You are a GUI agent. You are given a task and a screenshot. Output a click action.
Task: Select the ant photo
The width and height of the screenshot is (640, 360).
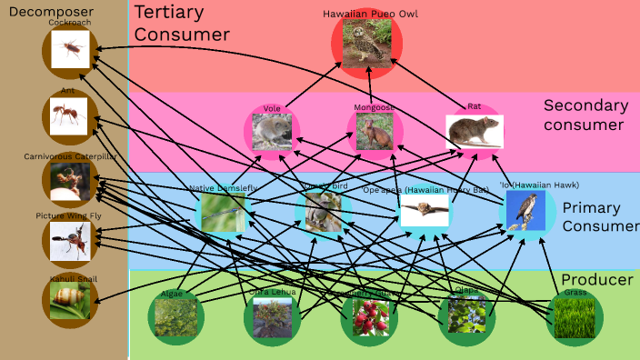point(69,116)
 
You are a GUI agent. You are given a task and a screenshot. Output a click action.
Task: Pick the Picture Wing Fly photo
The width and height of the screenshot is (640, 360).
point(70,241)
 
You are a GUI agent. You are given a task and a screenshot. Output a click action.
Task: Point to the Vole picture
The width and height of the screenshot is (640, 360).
point(272,132)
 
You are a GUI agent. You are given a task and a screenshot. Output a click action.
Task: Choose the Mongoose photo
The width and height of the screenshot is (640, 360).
point(375,131)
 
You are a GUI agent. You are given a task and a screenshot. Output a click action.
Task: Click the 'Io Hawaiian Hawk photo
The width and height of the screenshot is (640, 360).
point(526,211)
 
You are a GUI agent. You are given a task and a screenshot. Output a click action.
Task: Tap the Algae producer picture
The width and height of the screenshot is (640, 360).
point(175,318)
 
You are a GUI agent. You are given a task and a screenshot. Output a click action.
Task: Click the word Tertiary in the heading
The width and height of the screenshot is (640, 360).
point(169,13)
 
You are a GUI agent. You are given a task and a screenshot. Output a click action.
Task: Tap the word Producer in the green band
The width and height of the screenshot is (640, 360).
point(596,279)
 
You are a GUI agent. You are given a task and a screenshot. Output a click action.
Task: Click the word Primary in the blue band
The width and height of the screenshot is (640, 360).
point(591,207)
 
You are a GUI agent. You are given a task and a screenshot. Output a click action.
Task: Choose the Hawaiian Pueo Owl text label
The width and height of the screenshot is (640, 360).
point(370,14)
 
